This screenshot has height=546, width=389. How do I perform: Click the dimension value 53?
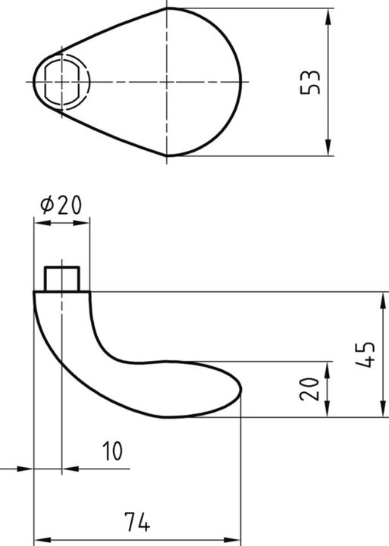coord(311,82)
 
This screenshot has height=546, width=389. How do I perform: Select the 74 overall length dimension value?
coord(138,522)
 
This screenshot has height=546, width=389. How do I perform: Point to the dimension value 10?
coord(112,452)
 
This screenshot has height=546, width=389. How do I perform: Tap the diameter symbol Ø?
coord(45,205)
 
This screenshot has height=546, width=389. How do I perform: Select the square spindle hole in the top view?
coord(61,80)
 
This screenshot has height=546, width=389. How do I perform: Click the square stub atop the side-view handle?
coord(61,278)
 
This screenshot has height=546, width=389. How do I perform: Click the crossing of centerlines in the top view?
coord(166,80)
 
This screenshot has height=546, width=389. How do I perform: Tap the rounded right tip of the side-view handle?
coord(240,388)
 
